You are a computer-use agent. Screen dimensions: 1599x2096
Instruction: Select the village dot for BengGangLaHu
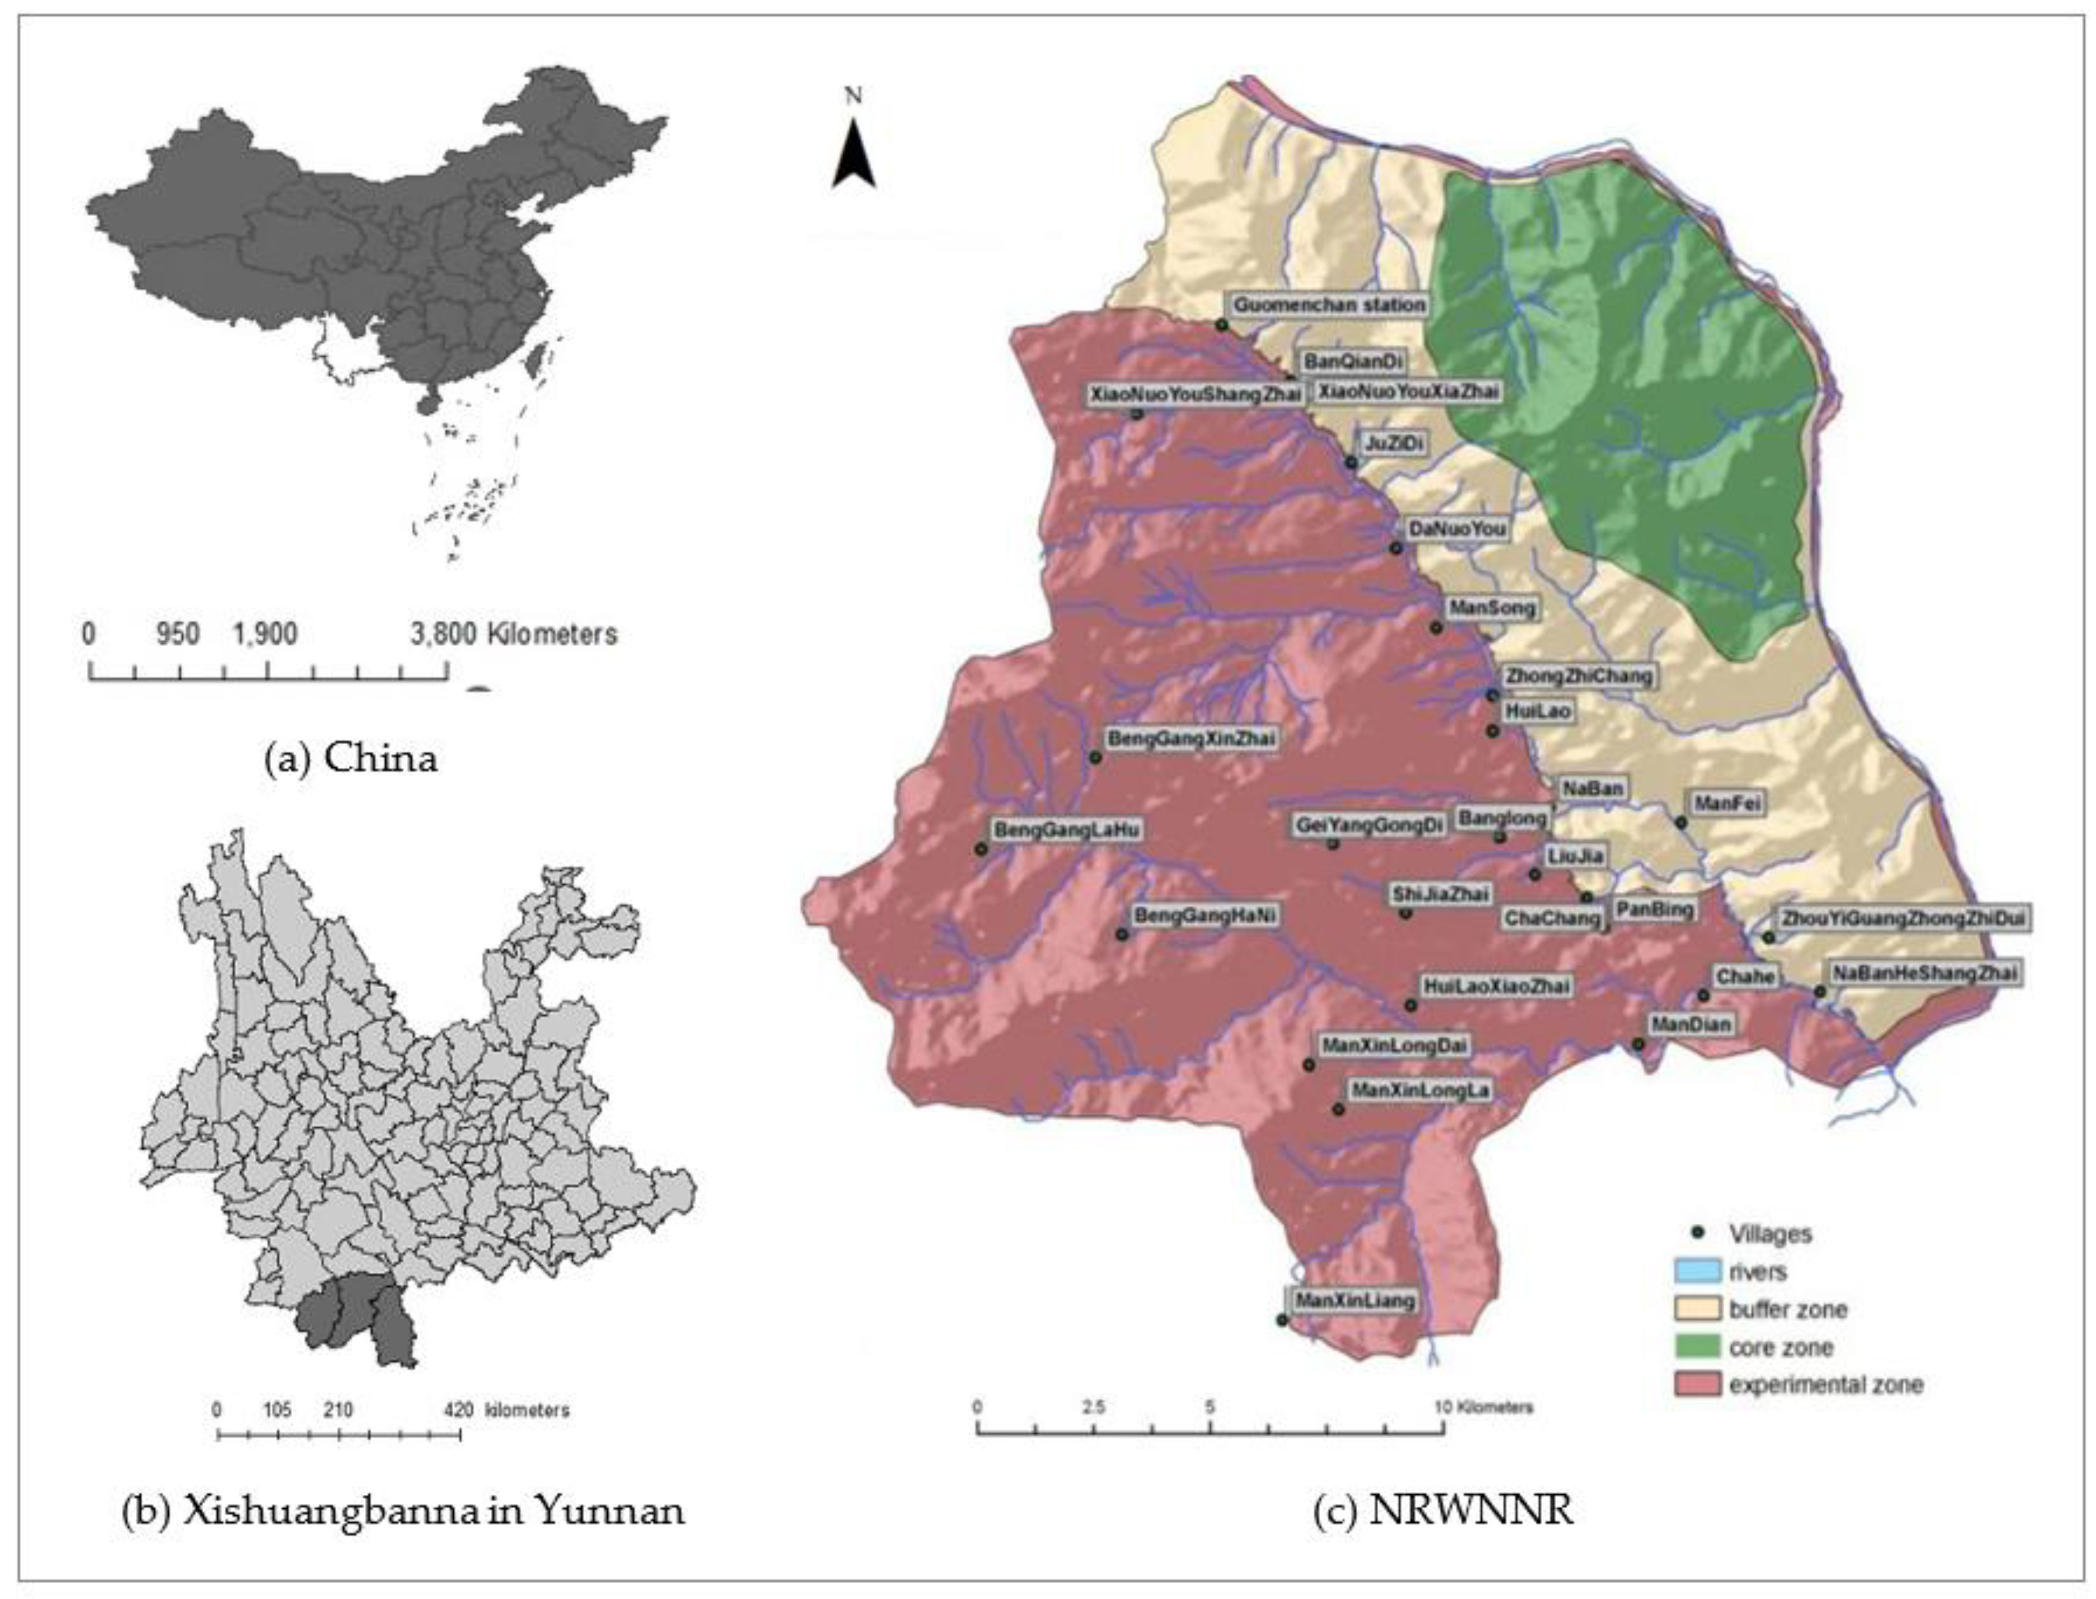click(982, 848)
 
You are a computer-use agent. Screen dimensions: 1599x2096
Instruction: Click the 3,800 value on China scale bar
click(442, 634)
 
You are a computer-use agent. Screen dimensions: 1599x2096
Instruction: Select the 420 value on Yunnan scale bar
click(458, 1410)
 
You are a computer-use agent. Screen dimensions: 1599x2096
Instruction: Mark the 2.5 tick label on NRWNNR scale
click(1093, 1407)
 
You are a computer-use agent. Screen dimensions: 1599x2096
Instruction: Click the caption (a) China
click(351, 759)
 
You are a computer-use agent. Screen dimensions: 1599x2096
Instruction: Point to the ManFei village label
click(1727, 803)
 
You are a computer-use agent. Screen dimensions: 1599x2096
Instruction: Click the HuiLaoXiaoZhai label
click(1496, 986)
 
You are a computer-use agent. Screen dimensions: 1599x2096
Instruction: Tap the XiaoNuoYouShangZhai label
click(1195, 394)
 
